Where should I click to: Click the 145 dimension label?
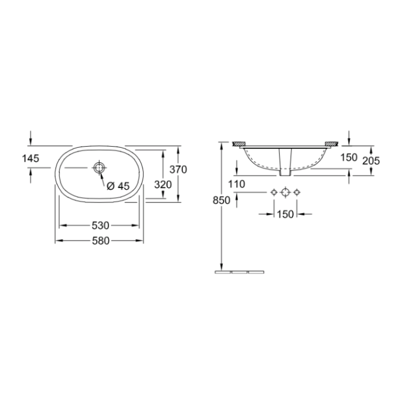(31, 158)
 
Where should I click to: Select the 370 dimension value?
(177, 169)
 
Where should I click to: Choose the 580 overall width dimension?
(100, 240)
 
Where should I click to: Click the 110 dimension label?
(237, 184)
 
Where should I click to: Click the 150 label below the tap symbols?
(285, 214)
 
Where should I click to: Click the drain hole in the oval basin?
(100, 168)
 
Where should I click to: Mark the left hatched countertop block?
(239, 143)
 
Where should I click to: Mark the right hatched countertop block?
(332, 143)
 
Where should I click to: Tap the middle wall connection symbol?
(285, 192)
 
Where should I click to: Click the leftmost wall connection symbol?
(274, 192)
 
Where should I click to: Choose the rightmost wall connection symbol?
(297, 192)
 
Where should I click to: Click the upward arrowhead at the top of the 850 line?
(221, 145)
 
